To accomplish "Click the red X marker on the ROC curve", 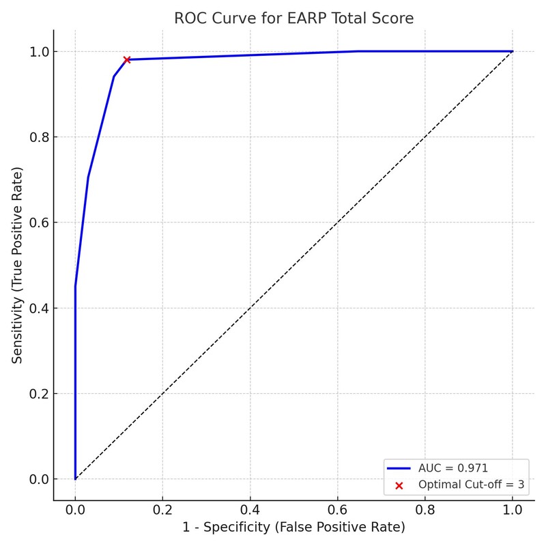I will [127, 59].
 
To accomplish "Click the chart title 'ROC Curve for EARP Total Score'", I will [293, 18].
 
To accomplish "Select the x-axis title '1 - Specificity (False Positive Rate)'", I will [293, 527].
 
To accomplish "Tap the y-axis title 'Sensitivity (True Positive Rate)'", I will [17, 265].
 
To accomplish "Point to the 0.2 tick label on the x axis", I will [162, 509].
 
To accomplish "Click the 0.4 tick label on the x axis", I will [250, 509].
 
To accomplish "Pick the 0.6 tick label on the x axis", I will [337, 509].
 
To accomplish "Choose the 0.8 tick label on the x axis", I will [425, 509].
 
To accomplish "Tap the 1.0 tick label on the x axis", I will [512, 509].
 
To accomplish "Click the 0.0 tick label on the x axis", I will [75, 509].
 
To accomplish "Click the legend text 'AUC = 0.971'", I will [453, 468].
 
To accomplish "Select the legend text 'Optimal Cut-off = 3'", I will [471, 485].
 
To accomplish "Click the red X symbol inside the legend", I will [399, 485].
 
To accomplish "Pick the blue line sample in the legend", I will [399, 469].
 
